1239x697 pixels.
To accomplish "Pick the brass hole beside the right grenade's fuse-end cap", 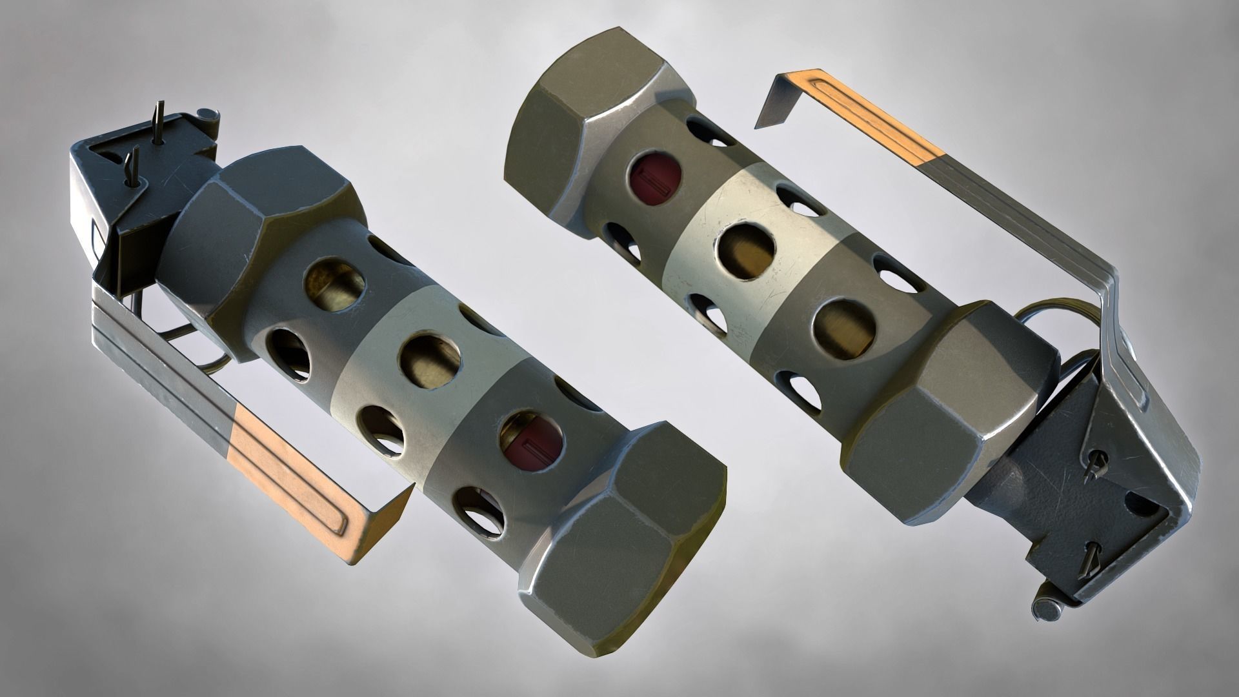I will [845, 327].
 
